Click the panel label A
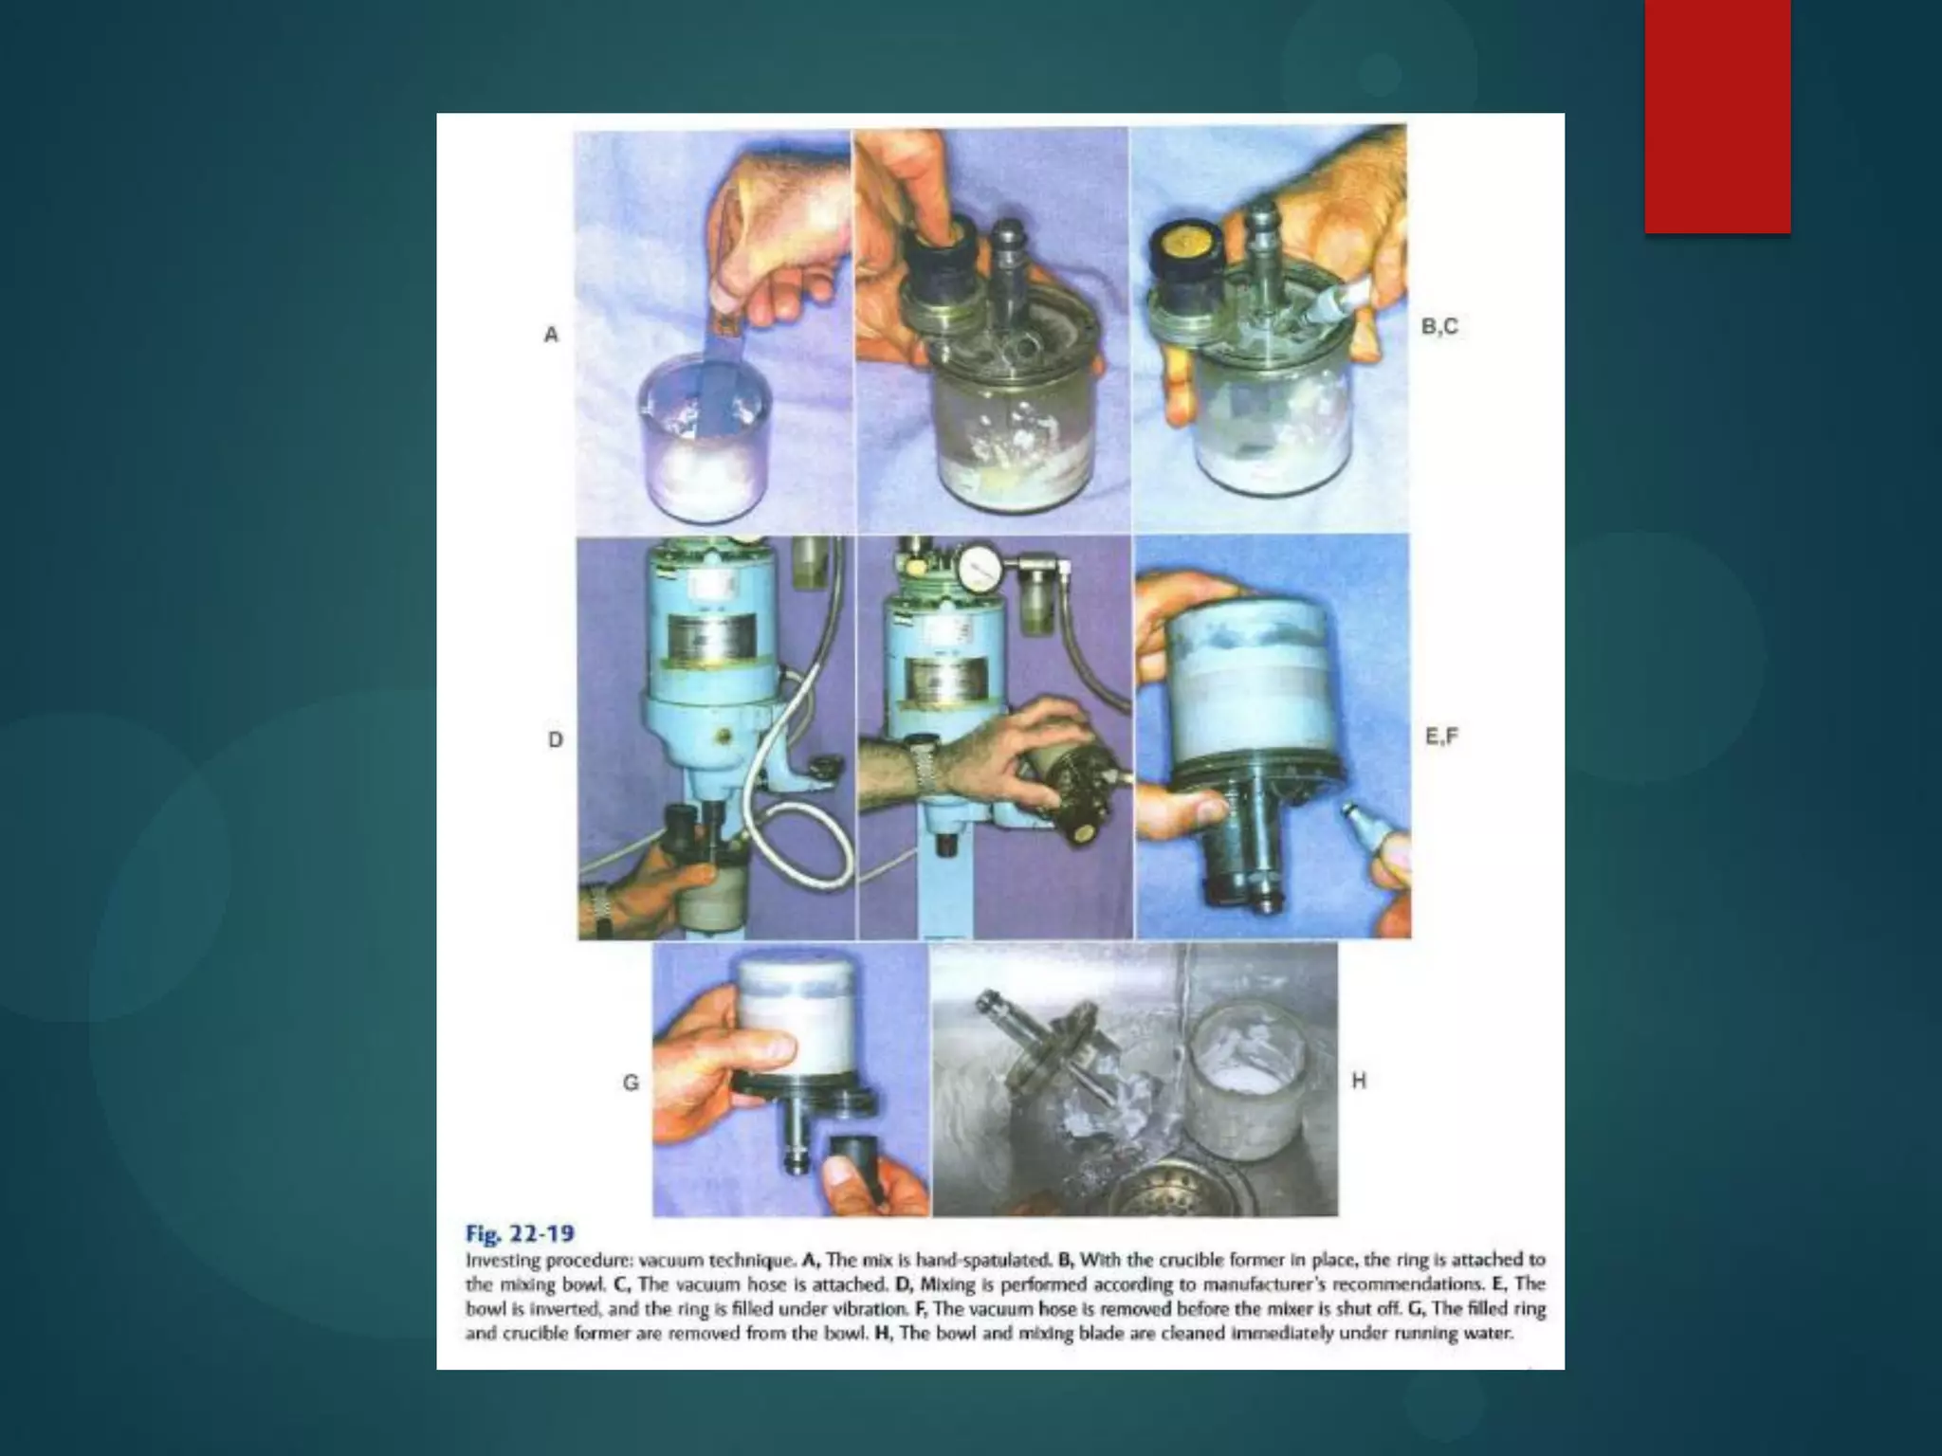point(551,335)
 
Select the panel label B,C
point(1439,327)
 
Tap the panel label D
point(556,739)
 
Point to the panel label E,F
point(1441,737)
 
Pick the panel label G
point(631,1083)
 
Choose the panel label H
point(1359,1081)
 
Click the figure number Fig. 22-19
point(520,1233)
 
